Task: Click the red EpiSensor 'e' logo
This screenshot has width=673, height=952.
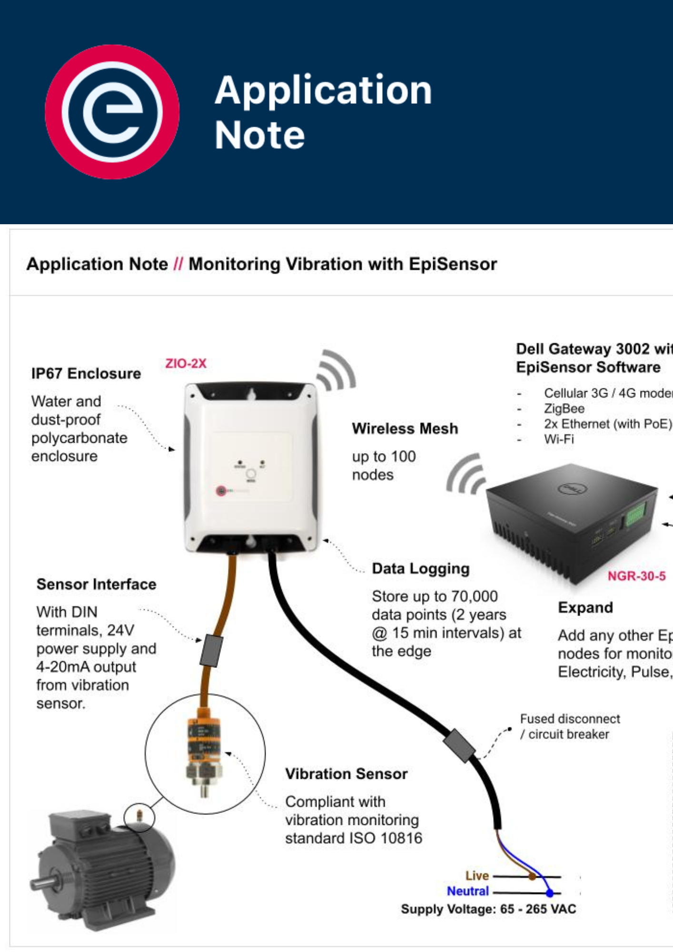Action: click(112, 112)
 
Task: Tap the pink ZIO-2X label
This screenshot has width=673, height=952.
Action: click(186, 364)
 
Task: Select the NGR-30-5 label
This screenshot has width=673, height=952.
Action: click(636, 576)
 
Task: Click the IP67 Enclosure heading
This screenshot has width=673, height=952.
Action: click(86, 374)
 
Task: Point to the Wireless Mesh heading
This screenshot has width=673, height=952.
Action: click(405, 429)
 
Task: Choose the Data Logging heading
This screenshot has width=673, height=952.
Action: click(421, 569)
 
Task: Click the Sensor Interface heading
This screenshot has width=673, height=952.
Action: click(97, 585)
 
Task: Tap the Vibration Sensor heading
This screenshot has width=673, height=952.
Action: click(346, 774)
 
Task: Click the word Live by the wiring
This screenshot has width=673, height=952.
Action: click(477, 876)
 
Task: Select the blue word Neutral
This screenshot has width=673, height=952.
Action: click(468, 891)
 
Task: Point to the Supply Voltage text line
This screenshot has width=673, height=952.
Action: click(488, 909)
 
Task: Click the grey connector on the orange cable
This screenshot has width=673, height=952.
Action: click(211, 650)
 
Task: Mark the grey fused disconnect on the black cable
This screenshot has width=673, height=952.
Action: click(459, 745)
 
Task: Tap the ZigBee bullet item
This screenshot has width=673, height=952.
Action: click(564, 409)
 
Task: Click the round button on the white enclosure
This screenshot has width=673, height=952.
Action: click(251, 474)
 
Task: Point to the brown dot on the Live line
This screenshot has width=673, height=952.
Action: click(533, 876)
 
